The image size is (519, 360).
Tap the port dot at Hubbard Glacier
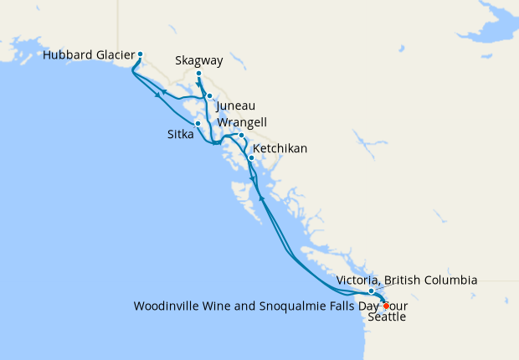coord(140,54)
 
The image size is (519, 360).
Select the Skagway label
coord(200,61)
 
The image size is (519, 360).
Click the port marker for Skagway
coord(198,75)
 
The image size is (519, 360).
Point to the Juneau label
coord(236,106)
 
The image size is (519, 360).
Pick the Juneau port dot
coord(210,96)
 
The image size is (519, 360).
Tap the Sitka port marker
coord(198,124)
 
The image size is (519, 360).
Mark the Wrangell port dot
coord(241,136)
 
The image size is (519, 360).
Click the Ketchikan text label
coord(280,149)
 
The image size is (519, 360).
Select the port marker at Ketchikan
coord(251,157)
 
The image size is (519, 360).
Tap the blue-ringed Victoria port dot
coord(371,291)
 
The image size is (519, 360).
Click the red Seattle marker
coord(386,306)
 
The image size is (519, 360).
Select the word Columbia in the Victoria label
coord(450,280)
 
